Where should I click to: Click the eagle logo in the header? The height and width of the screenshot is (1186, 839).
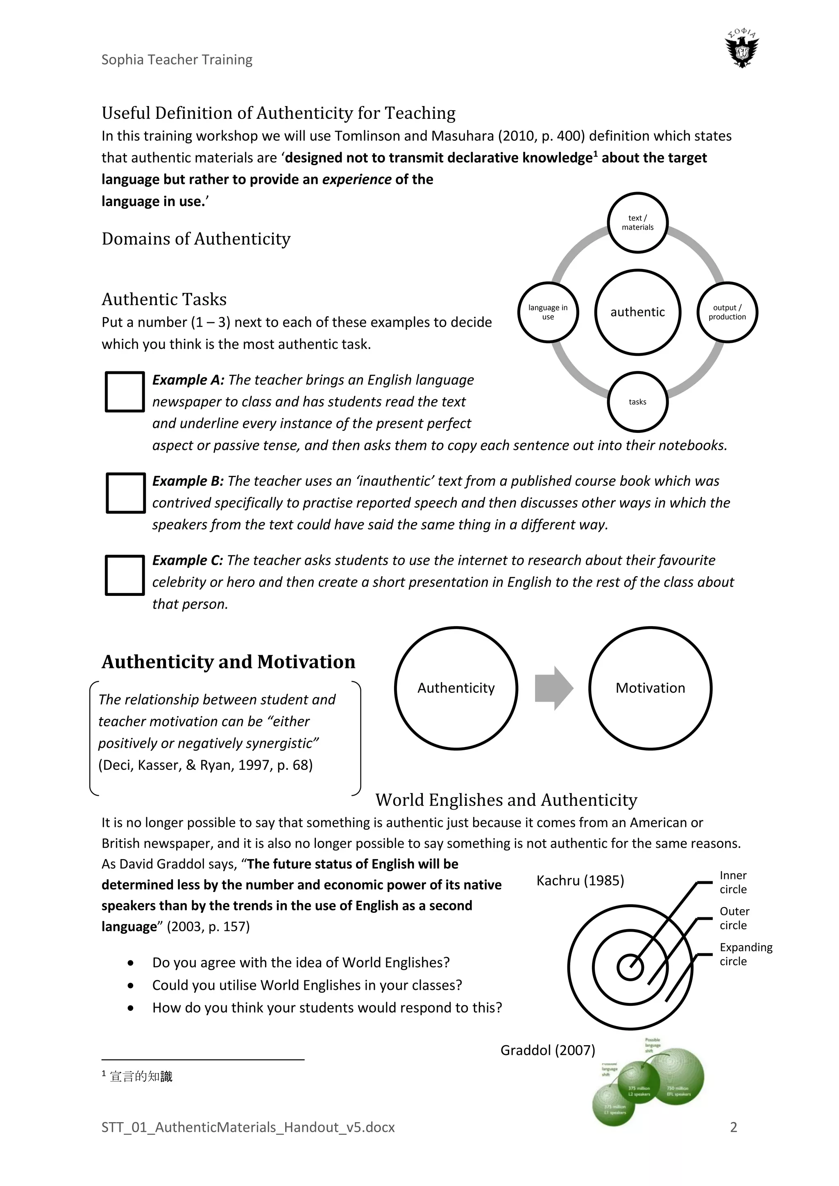tap(742, 50)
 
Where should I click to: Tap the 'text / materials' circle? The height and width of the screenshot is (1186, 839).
tap(637, 223)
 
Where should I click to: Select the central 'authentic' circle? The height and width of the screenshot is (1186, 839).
tap(637, 312)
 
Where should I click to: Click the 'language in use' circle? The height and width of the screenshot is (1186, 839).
tap(548, 312)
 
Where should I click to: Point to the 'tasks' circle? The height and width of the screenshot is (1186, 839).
tap(637, 402)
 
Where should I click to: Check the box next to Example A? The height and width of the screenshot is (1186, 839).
tap(125, 392)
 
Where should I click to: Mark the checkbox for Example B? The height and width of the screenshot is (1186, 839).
tap(125, 493)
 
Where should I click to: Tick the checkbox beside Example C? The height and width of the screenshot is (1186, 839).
tap(125, 575)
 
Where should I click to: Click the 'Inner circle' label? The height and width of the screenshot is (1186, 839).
tap(733, 882)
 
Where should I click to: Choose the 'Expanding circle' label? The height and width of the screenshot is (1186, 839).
tap(746, 954)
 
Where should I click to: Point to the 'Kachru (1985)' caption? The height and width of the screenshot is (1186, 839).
tap(580, 880)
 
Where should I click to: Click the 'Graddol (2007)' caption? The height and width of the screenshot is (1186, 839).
tap(548, 1050)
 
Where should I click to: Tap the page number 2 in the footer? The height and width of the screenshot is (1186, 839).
tap(733, 1127)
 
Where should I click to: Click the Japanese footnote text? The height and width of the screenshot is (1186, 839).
tap(141, 1077)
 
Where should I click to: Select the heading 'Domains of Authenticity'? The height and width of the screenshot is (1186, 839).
tap(196, 239)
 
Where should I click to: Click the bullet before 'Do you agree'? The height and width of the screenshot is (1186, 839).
tap(131, 963)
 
